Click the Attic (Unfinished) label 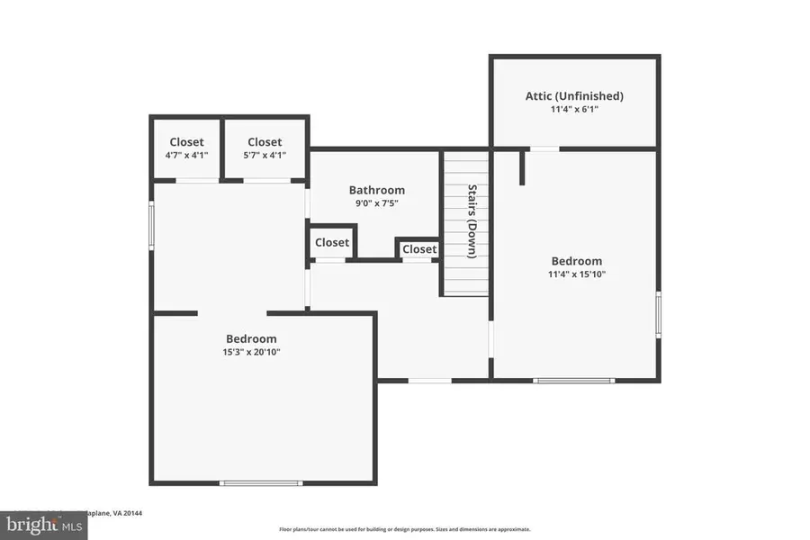click(x=574, y=95)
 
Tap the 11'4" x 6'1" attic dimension click(x=574, y=109)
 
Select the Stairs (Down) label click(x=472, y=220)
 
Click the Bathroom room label click(x=376, y=190)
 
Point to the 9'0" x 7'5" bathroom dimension click(x=376, y=203)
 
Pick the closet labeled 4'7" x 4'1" click(x=186, y=148)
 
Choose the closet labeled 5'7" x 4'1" click(x=265, y=148)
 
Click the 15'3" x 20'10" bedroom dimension click(x=251, y=352)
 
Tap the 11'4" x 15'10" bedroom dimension click(x=577, y=274)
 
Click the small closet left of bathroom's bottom click(x=332, y=242)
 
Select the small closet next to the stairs click(x=419, y=249)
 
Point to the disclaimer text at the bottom click(x=404, y=529)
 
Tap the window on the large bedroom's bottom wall click(x=261, y=483)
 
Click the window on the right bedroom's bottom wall click(x=574, y=381)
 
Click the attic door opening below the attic click(x=544, y=148)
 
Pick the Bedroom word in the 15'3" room click(x=251, y=338)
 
